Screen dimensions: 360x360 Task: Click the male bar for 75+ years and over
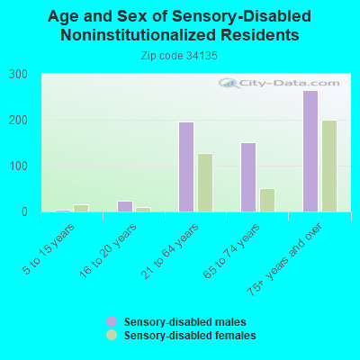pyautogui.click(x=310, y=151)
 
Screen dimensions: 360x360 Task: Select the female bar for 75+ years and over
pyautogui.click(x=329, y=166)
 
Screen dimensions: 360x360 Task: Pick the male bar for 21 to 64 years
pyautogui.click(x=186, y=166)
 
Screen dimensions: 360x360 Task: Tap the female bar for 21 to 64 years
pyautogui.click(x=205, y=183)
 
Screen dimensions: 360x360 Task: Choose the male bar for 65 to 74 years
pyautogui.click(x=248, y=177)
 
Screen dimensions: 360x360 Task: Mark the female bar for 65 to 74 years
pyautogui.click(x=267, y=200)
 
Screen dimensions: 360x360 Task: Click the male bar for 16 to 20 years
pyautogui.click(x=125, y=206)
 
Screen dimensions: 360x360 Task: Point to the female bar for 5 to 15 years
pyautogui.click(x=81, y=208)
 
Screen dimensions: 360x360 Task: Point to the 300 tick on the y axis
pyautogui.click(x=18, y=75)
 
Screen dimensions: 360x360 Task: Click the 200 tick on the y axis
pyautogui.click(x=18, y=121)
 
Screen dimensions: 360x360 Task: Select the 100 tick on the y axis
pyautogui.click(x=18, y=166)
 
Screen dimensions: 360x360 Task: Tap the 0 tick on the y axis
pyautogui.click(x=24, y=212)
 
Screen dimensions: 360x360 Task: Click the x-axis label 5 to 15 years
pyautogui.click(x=49, y=248)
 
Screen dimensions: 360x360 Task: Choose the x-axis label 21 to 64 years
pyautogui.click(x=170, y=251)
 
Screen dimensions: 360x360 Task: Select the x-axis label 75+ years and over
pyautogui.click(x=284, y=259)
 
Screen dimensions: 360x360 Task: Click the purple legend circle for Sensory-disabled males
pyautogui.click(x=112, y=321)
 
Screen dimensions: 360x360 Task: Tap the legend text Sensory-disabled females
pyautogui.click(x=190, y=335)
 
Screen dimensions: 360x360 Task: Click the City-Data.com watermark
pyautogui.click(x=279, y=83)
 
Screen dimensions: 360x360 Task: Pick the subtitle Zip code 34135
pyautogui.click(x=179, y=56)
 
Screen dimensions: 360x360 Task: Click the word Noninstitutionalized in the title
pyautogui.click(x=138, y=35)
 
